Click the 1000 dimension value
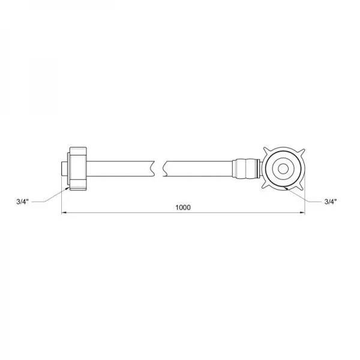(183, 208)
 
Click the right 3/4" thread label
(330, 202)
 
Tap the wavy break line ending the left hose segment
(157, 169)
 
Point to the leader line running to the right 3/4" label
(306, 196)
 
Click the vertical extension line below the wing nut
(304, 204)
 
